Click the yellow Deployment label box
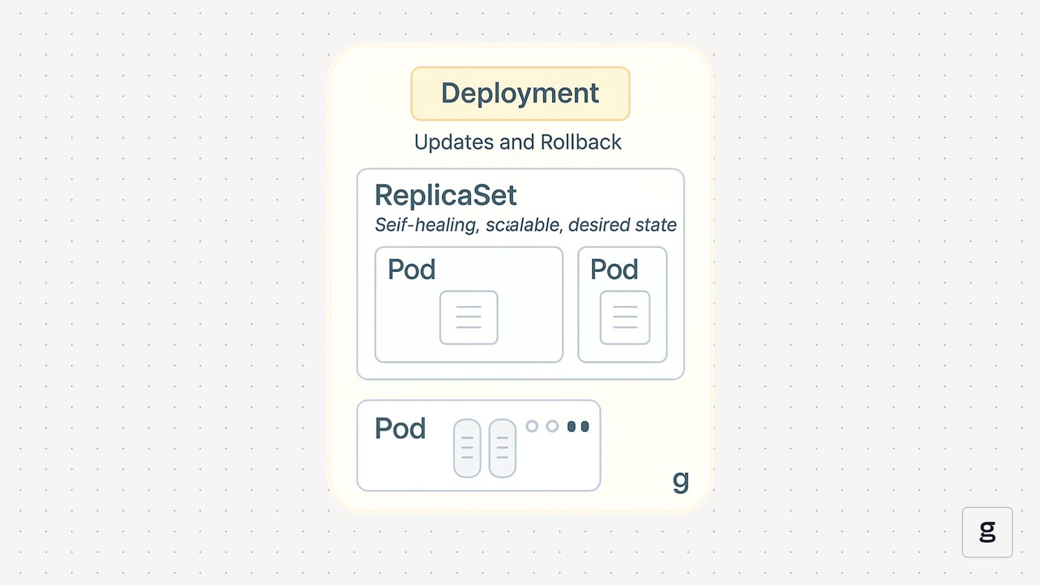(x=520, y=94)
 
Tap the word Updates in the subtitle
(x=454, y=142)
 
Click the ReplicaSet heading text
(x=445, y=195)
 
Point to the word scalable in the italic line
(x=524, y=224)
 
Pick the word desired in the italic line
(x=599, y=224)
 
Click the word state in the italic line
(x=655, y=225)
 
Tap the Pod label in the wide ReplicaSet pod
(x=412, y=269)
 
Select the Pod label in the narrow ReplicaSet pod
(x=614, y=269)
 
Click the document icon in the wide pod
(x=469, y=318)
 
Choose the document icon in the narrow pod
(x=625, y=318)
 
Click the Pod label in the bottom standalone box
(x=400, y=428)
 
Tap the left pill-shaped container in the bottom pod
(x=467, y=448)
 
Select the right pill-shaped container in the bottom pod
(x=502, y=448)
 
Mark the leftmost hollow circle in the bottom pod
(x=532, y=426)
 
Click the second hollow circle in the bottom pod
(x=552, y=426)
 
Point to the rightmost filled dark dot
(x=585, y=426)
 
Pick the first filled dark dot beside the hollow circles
(x=571, y=426)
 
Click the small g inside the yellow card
(x=680, y=482)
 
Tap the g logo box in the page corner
(x=987, y=532)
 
